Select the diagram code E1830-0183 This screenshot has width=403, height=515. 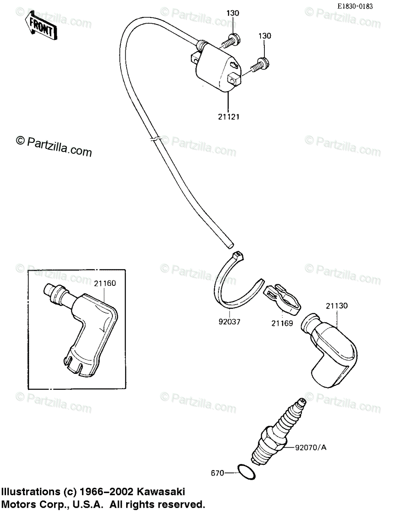point(355,6)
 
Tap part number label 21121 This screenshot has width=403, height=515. point(228,116)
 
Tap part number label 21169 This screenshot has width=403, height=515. point(282,323)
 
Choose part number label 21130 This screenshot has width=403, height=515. point(336,306)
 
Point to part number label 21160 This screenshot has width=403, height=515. point(105,283)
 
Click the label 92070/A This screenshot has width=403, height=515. point(311,448)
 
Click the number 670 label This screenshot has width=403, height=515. point(217,473)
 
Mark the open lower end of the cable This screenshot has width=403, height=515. point(230,245)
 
